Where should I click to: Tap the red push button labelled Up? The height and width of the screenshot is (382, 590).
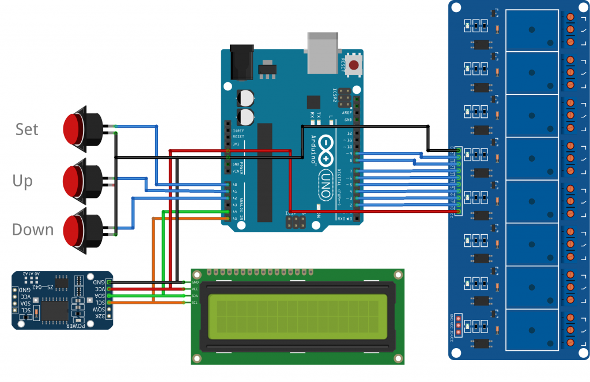pyautogui.click(x=74, y=179)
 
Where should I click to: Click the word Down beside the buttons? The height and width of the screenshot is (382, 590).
pyautogui.click(x=33, y=230)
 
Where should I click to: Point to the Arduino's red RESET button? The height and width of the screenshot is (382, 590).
pyautogui.click(x=354, y=65)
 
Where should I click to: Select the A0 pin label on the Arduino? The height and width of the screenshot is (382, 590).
pyautogui.click(x=234, y=185)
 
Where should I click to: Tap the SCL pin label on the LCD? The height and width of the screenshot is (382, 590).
pyautogui.click(x=195, y=303)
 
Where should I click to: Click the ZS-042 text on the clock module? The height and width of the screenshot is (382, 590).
pyautogui.click(x=58, y=286)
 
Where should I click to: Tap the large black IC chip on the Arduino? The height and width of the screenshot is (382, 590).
pyautogui.click(x=264, y=172)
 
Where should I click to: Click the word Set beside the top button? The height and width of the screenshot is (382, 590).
pyautogui.click(x=27, y=129)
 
